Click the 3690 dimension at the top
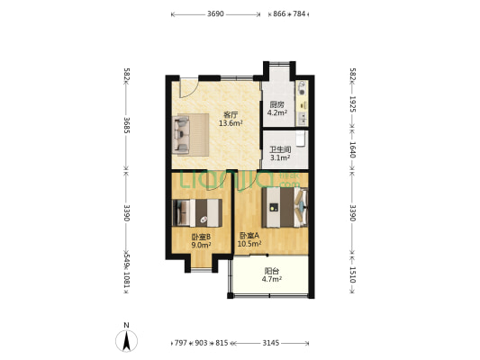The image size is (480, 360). tap(215, 14)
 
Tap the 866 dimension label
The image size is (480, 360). tap(279, 14)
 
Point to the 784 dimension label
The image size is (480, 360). tap(299, 14)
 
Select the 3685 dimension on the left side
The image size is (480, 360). tap(127, 125)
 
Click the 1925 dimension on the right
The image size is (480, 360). tap(352, 104)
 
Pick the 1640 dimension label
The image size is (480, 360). tap(352, 149)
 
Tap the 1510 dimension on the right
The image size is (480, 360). tap(352, 275)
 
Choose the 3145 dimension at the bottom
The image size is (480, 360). tap(271, 343)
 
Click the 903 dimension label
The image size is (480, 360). tap(201, 343)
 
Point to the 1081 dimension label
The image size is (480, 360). tap(127, 280)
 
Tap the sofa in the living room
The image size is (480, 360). tap(181, 135)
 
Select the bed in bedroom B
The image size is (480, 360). tap(197, 213)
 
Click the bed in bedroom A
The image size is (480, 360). tap(285, 207)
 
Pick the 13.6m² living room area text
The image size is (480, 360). tap(231, 123)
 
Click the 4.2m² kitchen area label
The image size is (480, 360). tap(277, 112)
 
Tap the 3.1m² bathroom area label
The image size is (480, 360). tap(280, 158)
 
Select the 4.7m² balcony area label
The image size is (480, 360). tap(272, 279)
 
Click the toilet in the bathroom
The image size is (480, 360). tap(300, 139)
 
